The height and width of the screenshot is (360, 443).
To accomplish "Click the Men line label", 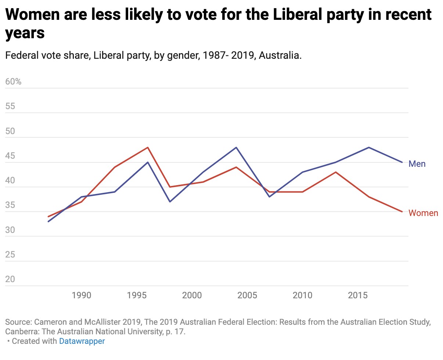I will coord(417,164).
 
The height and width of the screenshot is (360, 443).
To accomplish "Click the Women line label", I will coord(423,213).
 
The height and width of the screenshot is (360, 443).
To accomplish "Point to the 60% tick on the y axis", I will coord(14,82).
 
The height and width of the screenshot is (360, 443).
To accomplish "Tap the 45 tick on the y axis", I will coord(10,156).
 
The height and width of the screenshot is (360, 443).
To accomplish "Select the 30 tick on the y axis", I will coord(10,230).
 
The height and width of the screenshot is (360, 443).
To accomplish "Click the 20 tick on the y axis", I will coord(10,280).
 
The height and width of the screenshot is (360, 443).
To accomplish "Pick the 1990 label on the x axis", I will coord(82,295).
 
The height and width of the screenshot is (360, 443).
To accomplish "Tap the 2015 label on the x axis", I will coord(358,295).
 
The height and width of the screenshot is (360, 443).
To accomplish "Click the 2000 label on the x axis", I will coord(192,295).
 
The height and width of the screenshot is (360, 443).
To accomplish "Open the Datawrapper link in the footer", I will coord(82,341).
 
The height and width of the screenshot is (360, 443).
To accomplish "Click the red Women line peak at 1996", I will coord(148,147).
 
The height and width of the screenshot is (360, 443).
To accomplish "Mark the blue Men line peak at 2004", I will coord(236,147).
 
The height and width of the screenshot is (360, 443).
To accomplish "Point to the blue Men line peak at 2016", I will coord(369,147).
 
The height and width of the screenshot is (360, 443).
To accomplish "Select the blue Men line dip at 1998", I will coord(170,202).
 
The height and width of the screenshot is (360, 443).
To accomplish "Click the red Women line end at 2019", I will coord(402,212).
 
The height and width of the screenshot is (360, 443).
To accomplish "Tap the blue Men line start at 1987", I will coord(48,222).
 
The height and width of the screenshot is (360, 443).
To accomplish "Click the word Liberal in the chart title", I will coord(256,15).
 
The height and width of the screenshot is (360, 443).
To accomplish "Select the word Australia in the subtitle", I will coord(282,56).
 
